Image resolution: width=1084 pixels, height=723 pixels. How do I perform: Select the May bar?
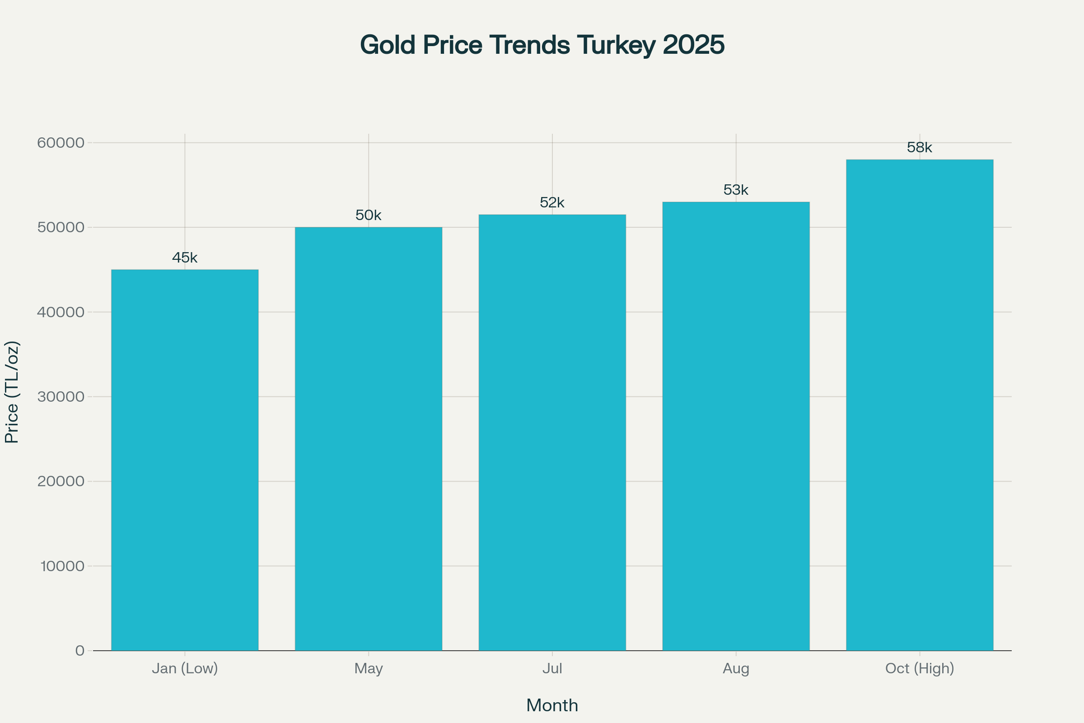coord(368,438)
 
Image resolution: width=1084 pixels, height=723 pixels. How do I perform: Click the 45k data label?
coord(185,258)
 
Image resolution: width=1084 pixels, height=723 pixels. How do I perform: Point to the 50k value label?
coord(368,216)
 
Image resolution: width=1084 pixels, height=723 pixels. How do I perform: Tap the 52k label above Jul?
coord(552,203)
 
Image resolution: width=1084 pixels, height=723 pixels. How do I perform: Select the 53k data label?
coord(736,190)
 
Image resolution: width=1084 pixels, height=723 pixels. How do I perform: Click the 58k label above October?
coord(920,148)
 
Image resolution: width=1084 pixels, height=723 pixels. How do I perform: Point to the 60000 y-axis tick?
coord(61,142)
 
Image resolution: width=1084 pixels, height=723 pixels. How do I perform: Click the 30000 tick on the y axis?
coord(61,397)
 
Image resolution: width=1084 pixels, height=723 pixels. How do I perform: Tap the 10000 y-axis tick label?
coord(62,566)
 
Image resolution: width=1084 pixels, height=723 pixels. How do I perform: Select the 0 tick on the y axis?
coord(80,651)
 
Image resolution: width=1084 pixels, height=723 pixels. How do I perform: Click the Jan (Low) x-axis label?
coord(185,668)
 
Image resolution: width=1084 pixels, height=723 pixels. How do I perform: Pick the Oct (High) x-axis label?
coord(920,668)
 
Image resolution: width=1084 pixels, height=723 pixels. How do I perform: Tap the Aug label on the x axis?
coord(736,668)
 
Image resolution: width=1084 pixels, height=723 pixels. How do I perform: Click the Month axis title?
coord(552,705)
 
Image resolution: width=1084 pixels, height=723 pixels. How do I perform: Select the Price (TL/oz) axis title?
coord(12,392)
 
